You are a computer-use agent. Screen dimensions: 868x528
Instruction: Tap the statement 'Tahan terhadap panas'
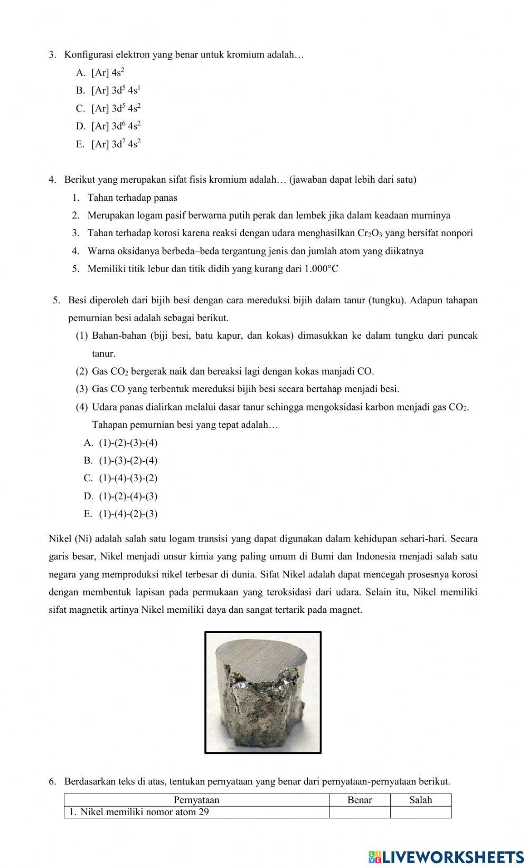[132, 198]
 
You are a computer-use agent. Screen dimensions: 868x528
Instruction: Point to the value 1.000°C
[321, 269]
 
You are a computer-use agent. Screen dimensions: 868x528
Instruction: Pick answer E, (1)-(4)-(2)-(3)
[128, 514]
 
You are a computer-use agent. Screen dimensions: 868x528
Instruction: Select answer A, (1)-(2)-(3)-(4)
[128, 443]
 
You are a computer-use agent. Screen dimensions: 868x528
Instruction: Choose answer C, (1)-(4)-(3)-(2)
[128, 478]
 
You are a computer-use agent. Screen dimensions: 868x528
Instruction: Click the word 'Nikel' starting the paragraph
[60, 539]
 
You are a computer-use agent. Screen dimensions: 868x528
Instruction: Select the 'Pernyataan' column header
[196, 800]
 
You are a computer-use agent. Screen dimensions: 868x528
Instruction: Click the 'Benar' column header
[360, 800]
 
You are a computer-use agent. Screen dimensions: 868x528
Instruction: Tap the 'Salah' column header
[420, 800]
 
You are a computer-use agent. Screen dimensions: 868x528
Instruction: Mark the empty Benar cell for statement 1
[360, 812]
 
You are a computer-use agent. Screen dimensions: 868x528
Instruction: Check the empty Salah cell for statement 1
[420, 812]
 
